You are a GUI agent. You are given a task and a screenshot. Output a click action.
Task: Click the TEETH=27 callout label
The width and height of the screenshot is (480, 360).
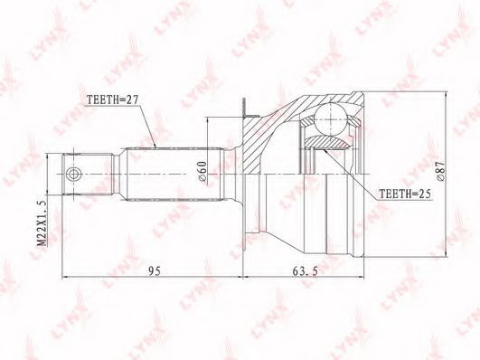click(x=113, y=99)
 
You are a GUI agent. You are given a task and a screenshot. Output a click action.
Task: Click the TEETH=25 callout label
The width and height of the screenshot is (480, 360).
click(x=405, y=194)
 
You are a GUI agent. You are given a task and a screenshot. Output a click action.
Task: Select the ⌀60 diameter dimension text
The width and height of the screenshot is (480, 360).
click(x=202, y=172)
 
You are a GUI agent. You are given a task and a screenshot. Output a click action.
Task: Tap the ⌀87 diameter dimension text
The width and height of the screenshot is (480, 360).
click(x=440, y=172)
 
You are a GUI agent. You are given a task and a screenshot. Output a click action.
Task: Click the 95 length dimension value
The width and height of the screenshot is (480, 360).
click(x=155, y=270)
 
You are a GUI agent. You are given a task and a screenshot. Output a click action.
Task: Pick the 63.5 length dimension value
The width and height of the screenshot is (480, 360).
click(x=306, y=270)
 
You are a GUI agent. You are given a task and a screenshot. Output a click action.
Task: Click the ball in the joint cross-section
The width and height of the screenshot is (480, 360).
click(x=331, y=118)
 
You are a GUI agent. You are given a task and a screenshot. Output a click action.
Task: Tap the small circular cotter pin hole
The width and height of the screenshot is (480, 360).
click(x=72, y=175)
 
